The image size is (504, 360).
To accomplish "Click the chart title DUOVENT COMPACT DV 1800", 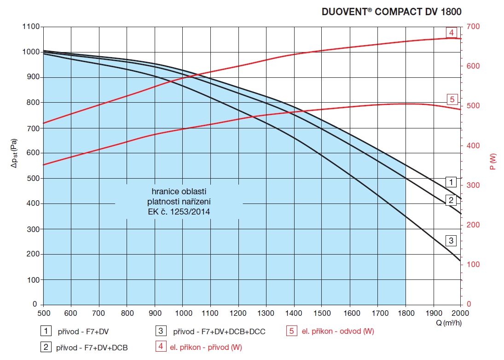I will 391,12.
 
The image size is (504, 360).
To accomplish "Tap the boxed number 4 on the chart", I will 452,33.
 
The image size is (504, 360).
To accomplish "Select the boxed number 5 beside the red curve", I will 452,99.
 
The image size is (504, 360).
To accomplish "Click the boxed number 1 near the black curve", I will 452,181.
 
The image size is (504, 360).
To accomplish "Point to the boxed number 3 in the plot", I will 452,240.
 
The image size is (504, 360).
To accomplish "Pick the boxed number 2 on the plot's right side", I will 452,200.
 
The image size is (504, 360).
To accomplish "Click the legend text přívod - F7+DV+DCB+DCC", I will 219,331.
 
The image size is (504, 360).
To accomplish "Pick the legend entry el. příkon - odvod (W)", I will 337,331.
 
